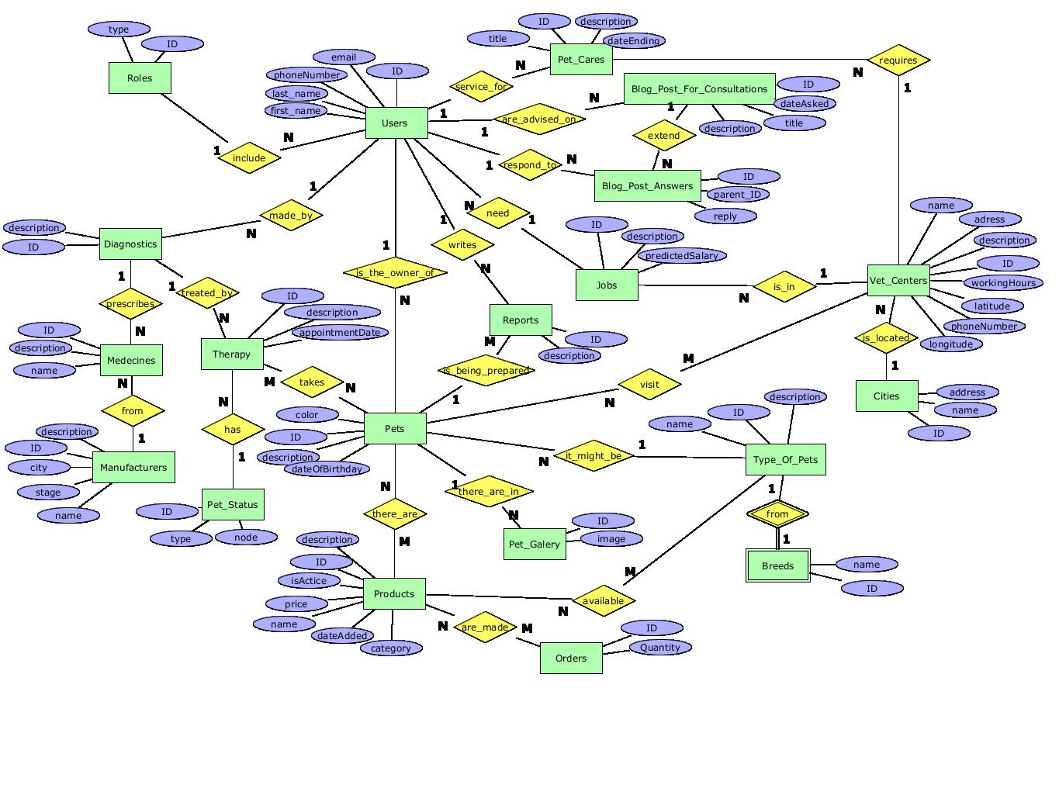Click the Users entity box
point(396,123)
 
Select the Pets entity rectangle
point(395,428)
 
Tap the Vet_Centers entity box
point(898,280)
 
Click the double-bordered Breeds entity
point(777,565)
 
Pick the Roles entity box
point(140,78)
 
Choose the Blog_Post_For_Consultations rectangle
point(699,89)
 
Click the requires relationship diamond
point(898,60)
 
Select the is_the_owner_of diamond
point(395,273)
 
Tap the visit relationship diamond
point(649,384)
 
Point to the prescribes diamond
point(130,304)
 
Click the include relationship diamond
point(249,157)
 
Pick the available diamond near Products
point(603,600)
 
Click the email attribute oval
point(344,57)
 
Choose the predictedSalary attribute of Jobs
point(681,255)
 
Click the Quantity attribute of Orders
point(660,647)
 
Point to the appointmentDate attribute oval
point(340,332)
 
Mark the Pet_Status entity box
point(232,505)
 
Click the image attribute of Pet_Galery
point(611,538)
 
